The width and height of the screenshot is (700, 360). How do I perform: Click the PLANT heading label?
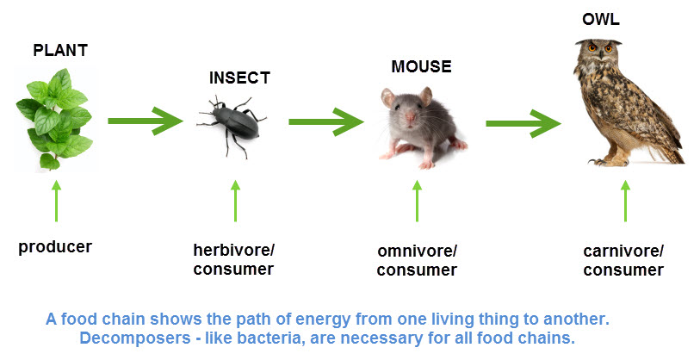60,50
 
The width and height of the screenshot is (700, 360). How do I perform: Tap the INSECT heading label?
239,78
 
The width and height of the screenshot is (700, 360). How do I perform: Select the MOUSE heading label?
421,66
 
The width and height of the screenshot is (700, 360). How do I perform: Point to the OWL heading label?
601,19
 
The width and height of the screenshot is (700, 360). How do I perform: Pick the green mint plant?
54,119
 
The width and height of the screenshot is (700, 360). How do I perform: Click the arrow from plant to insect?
146,121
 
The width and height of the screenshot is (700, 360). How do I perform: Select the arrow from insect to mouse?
326,121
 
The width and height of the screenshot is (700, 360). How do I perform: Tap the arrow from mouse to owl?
523,123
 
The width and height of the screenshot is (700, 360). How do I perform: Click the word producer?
55,246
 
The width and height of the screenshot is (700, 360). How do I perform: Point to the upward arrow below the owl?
625,201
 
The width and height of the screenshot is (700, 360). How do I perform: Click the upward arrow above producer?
56,201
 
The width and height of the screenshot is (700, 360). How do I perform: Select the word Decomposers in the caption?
135,338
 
